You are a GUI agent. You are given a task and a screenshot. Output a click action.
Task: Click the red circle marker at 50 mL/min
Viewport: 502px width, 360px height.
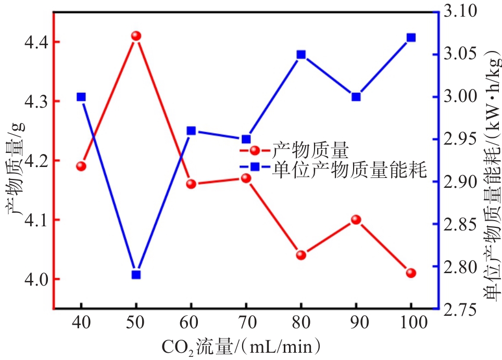(136, 36)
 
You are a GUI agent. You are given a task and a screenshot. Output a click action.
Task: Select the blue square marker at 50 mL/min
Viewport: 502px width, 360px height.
(136, 275)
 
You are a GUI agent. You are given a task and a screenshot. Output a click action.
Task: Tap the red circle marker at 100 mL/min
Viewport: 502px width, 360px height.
(411, 273)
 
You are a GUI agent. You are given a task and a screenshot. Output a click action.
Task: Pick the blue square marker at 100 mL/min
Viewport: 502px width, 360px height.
(411, 37)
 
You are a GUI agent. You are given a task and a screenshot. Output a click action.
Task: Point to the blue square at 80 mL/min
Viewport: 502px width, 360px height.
(301, 55)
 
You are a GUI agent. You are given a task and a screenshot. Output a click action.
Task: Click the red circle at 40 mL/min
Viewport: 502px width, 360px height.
(81, 166)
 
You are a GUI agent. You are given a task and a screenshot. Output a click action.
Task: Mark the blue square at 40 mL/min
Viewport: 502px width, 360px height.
(81, 97)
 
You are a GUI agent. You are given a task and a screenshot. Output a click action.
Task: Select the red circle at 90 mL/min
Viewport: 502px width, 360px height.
(356, 220)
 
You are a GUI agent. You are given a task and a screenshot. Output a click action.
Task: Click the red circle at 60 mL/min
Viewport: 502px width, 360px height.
(191, 184)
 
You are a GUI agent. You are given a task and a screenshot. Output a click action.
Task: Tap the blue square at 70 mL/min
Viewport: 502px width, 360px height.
(246, 139)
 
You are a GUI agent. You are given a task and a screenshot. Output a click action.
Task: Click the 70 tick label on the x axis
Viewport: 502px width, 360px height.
(246, 323)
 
